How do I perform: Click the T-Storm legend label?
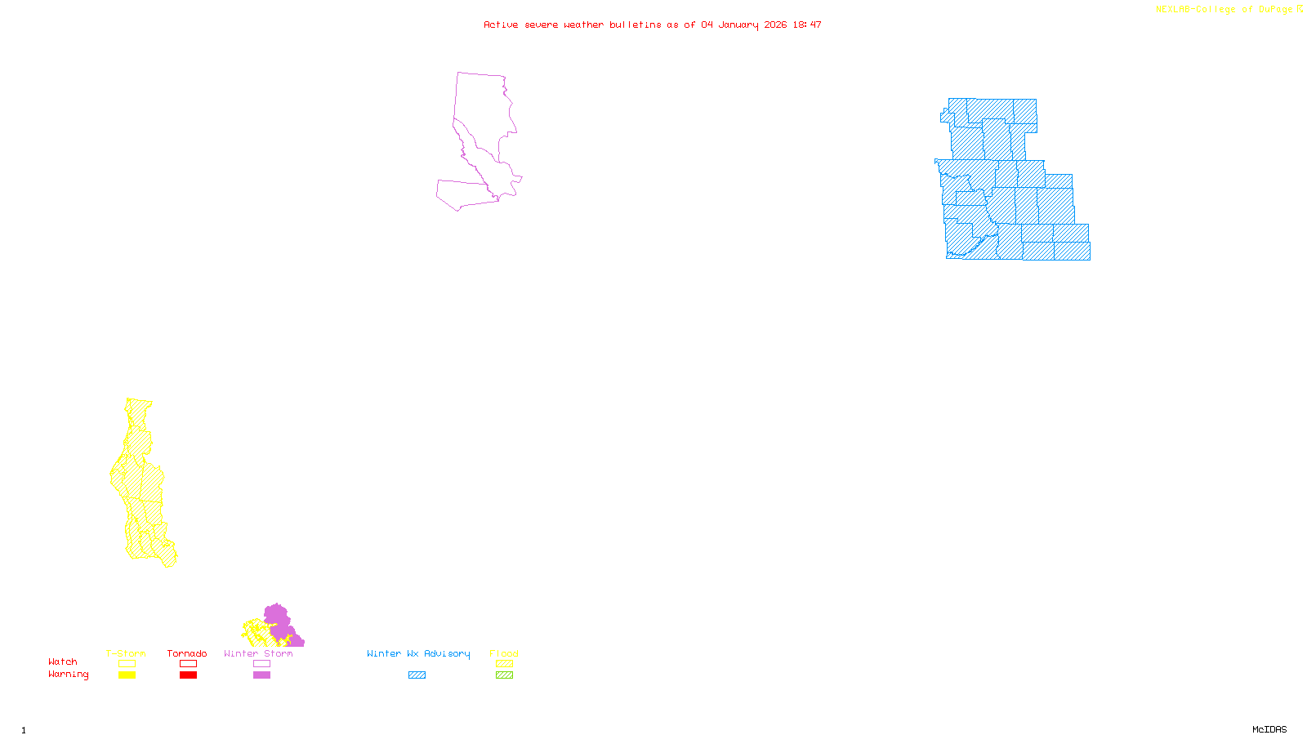[126, 653]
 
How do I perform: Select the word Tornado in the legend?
[187, 653]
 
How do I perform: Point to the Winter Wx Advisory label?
[418, 653]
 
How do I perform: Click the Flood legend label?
[504, 653]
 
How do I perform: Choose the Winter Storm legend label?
[258, 653]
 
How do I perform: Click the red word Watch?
[63, 661]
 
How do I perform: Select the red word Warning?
[68, 675]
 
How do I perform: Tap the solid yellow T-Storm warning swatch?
[127, 675]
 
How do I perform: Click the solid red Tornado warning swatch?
[188, 675]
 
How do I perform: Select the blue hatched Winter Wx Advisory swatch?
[417, 675]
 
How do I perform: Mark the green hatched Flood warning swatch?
[505, 675]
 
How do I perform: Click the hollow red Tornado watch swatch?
[188, 664]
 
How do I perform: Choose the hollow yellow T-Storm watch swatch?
[127, 664]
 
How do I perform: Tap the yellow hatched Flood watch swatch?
[505, 664]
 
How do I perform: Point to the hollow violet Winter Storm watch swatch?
[261, 664]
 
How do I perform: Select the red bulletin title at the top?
[652, 24]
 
